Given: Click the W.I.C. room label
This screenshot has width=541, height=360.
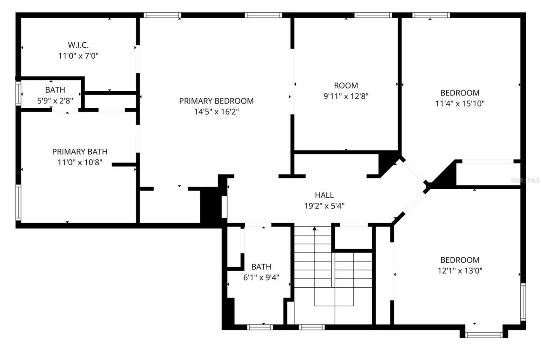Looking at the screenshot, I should point(78,44).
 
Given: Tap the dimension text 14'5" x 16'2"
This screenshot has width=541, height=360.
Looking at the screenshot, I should point(216,112).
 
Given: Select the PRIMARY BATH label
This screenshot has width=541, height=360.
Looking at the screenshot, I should point(79,151).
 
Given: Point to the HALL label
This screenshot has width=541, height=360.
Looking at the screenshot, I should point(324,195).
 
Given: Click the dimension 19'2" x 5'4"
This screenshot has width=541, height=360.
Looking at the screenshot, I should point(324,206).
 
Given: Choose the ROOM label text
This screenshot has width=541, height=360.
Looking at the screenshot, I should point(346,85).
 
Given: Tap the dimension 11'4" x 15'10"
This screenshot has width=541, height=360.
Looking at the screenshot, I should point(460,104).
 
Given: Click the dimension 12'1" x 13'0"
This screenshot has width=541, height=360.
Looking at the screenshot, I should point(460,271).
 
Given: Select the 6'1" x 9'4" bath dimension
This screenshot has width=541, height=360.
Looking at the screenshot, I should point(261,278).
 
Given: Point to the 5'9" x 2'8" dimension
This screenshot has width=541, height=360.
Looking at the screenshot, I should point(55,101).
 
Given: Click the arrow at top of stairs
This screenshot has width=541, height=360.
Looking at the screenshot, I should point(314,229).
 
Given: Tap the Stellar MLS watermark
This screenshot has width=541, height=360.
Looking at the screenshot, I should point(525,180).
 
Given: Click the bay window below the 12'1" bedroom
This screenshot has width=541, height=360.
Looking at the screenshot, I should point(484,335).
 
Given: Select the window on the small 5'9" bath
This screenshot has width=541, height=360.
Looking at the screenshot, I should point(18,93).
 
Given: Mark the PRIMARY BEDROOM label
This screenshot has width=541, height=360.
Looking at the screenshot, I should point(216,101).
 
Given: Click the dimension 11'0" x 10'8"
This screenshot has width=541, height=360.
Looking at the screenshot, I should point(79,162).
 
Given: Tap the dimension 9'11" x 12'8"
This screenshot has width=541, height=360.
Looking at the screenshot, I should point(346,96).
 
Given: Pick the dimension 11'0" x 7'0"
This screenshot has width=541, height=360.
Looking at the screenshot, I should point(78,55).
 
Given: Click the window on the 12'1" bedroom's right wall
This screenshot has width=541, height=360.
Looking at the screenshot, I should point(523,302).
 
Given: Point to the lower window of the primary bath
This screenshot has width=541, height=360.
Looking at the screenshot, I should point(18,202).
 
